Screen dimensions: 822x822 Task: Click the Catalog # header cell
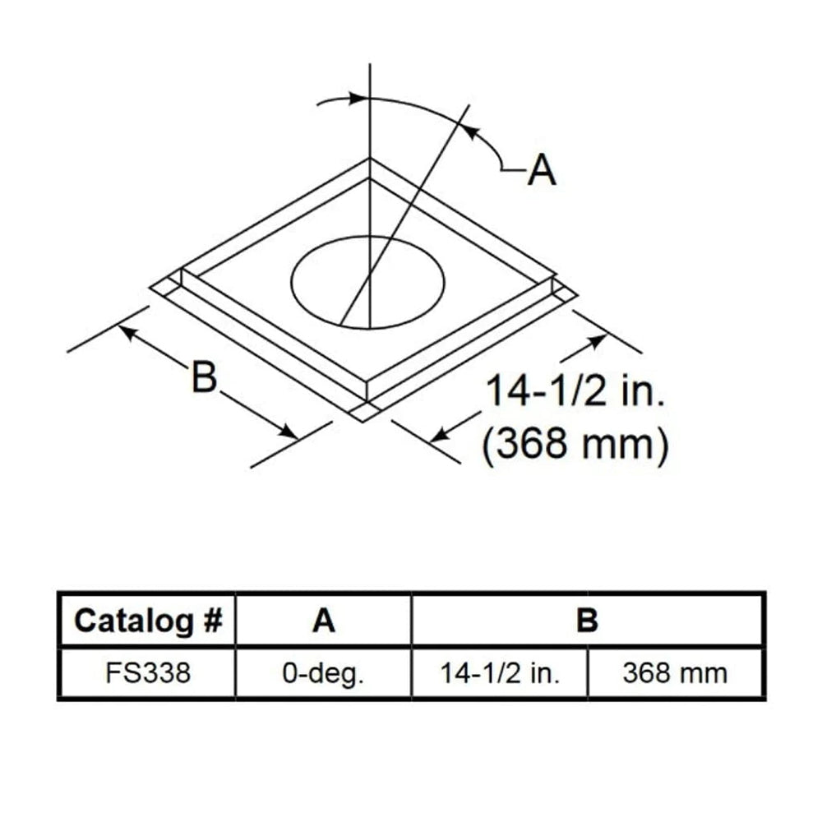click(147, 621)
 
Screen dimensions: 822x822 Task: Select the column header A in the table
click(324, 621)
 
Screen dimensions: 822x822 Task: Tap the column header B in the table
click(587, 621)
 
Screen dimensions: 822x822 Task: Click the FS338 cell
click(147, 673)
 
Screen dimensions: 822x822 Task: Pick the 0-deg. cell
click(324, 673)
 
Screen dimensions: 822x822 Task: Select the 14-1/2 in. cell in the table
click(500, 673)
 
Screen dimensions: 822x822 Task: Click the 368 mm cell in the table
click(675, 673)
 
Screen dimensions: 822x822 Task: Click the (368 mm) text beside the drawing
click(573, 445)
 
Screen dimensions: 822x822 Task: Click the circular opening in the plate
click(367, 279)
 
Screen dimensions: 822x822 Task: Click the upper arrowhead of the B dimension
click(127, 330)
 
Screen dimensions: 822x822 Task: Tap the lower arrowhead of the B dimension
click(289, 432)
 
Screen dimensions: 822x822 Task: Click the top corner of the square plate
click(370, 160)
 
